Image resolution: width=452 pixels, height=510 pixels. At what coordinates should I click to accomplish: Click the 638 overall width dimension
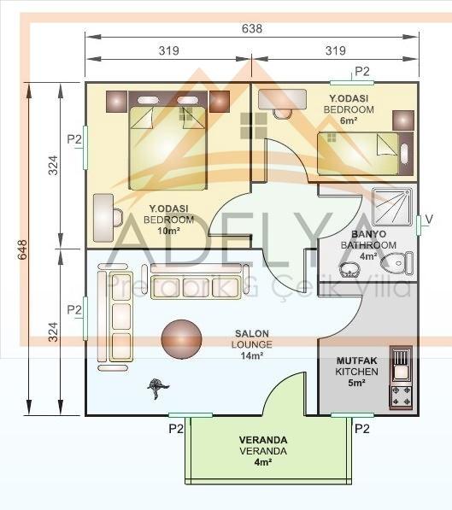252,29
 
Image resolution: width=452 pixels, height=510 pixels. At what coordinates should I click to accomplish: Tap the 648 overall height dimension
22,249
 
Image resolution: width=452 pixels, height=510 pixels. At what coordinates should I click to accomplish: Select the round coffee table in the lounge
182,339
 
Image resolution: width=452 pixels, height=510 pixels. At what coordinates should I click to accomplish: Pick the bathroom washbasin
349,270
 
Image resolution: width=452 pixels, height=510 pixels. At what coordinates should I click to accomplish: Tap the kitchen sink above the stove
401,364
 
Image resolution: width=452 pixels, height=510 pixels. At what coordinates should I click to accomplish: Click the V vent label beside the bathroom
429,220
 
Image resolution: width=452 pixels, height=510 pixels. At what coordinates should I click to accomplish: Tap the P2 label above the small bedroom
362,71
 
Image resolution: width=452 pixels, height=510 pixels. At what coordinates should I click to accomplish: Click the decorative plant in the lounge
158,387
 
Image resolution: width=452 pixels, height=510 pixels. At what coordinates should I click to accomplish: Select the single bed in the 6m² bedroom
366,153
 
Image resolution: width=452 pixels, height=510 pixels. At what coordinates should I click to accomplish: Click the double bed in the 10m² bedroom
168,141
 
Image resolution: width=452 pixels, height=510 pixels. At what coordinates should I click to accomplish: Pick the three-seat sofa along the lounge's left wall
121,316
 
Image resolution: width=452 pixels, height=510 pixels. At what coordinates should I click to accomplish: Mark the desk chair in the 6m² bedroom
282,114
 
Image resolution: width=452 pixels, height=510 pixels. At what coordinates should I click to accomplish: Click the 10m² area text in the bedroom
168,231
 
